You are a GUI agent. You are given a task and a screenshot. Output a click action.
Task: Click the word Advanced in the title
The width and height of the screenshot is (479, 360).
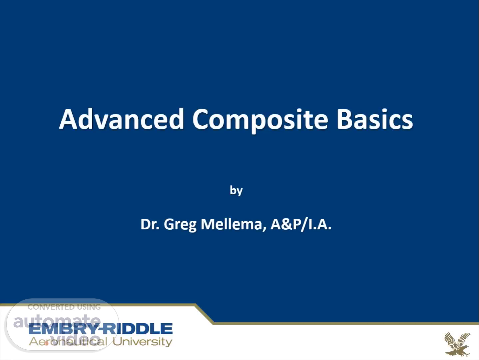122,119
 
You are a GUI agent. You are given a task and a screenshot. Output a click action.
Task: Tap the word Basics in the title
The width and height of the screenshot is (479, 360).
375,119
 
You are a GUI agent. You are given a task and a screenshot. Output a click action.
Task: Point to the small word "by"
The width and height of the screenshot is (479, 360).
236,191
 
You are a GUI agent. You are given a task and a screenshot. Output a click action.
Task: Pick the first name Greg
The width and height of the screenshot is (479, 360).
180,225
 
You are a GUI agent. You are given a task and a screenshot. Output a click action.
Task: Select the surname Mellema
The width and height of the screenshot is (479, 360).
231,224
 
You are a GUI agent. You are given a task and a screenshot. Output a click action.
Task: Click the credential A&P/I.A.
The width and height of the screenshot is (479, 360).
301,224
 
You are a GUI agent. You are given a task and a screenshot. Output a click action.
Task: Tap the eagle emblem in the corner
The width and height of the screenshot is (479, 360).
457,344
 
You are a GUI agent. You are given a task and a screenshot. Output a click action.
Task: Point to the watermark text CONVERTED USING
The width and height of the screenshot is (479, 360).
64,307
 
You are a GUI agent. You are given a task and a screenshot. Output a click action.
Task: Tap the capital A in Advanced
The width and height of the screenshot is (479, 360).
68,119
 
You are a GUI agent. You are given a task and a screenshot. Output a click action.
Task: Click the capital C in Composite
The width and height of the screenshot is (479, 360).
200,119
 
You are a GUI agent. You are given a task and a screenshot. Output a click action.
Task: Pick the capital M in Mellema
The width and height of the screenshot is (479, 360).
208,224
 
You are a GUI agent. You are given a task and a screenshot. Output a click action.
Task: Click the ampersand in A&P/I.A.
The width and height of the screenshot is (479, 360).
286,224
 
